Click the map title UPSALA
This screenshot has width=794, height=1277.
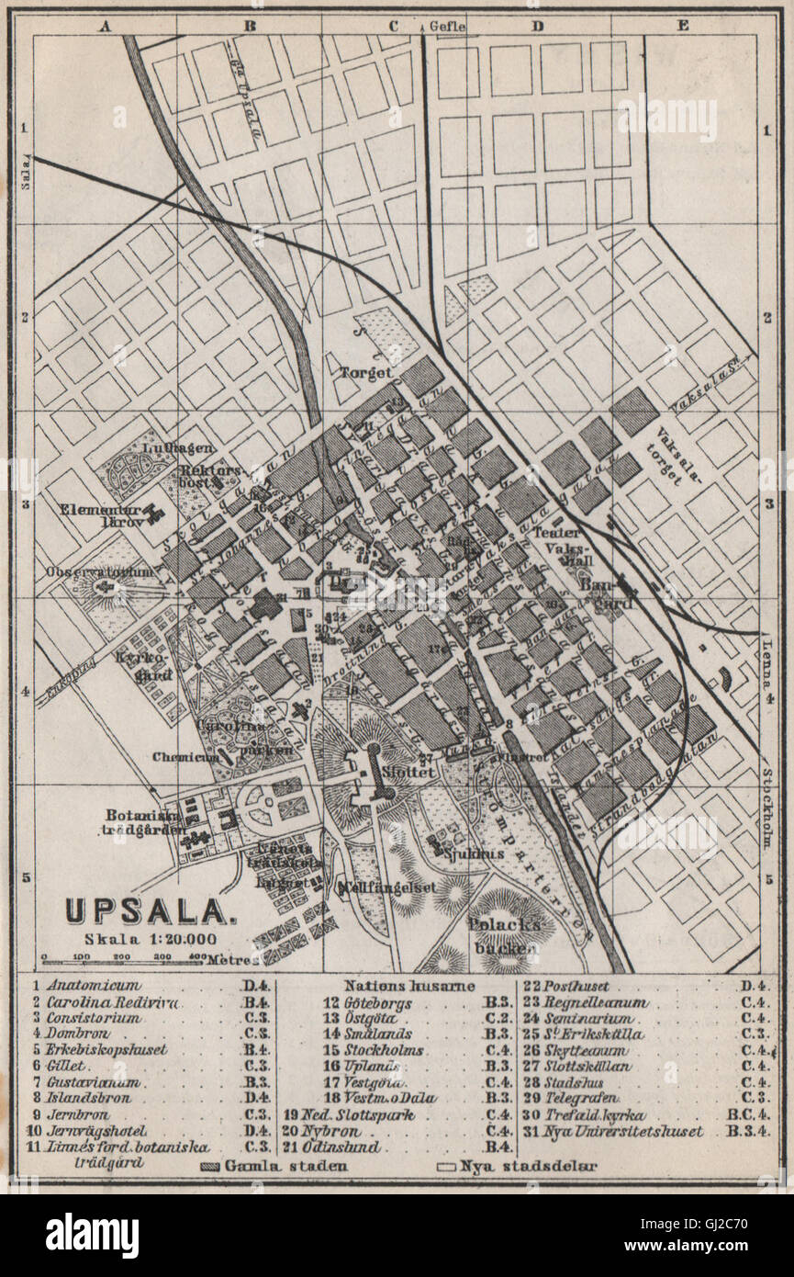point(146,910)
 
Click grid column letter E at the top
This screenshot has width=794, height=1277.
point(681,26)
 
